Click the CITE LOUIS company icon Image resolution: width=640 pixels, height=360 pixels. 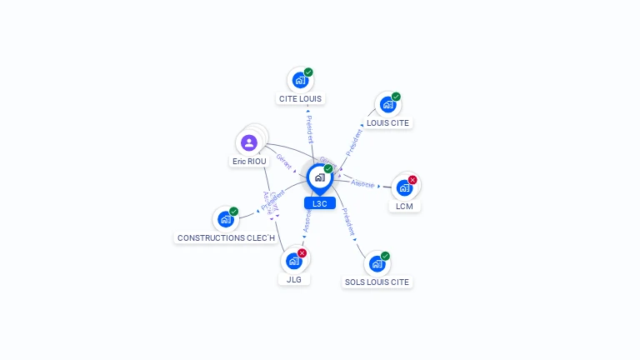298,80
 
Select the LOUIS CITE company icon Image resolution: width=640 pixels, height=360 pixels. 387,104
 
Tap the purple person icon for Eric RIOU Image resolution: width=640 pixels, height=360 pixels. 248,142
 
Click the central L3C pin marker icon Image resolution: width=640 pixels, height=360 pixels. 319,177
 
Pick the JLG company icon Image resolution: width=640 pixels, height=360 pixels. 292,261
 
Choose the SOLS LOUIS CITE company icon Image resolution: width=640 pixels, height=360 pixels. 376,263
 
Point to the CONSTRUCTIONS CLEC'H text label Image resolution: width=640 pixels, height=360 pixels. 227,237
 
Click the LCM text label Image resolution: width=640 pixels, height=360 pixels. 404,206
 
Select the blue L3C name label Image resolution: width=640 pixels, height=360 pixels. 319,203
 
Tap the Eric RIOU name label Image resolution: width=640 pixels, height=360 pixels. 249,161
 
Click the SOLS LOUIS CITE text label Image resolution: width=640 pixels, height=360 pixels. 377,282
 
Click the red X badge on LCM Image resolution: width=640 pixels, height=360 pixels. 412,180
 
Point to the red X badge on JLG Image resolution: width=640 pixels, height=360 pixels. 302,253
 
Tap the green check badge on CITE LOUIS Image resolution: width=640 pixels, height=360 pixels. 308,72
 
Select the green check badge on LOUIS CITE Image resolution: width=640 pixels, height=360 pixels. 396,97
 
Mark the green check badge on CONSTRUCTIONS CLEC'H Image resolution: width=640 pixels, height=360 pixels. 234,212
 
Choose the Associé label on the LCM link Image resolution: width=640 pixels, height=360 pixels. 362,183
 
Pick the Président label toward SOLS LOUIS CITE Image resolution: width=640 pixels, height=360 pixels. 348,224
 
